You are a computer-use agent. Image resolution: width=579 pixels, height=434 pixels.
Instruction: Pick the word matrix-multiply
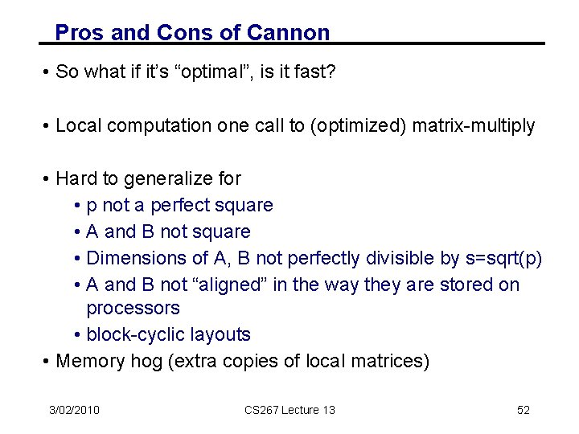point(474,125)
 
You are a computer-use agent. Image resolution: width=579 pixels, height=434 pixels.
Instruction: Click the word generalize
point(171,178)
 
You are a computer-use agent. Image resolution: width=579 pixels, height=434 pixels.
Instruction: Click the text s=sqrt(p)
point(504,258)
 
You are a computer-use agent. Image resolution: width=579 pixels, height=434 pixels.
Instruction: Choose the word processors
point(133,308)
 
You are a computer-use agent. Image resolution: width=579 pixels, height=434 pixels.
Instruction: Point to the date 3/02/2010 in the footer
point(73,410)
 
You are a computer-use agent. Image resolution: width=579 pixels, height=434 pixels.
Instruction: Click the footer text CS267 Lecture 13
point(289,410)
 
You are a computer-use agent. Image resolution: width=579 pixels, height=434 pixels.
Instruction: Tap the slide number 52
point(524,410)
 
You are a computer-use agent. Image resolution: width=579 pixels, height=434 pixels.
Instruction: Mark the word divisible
point(400,258)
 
